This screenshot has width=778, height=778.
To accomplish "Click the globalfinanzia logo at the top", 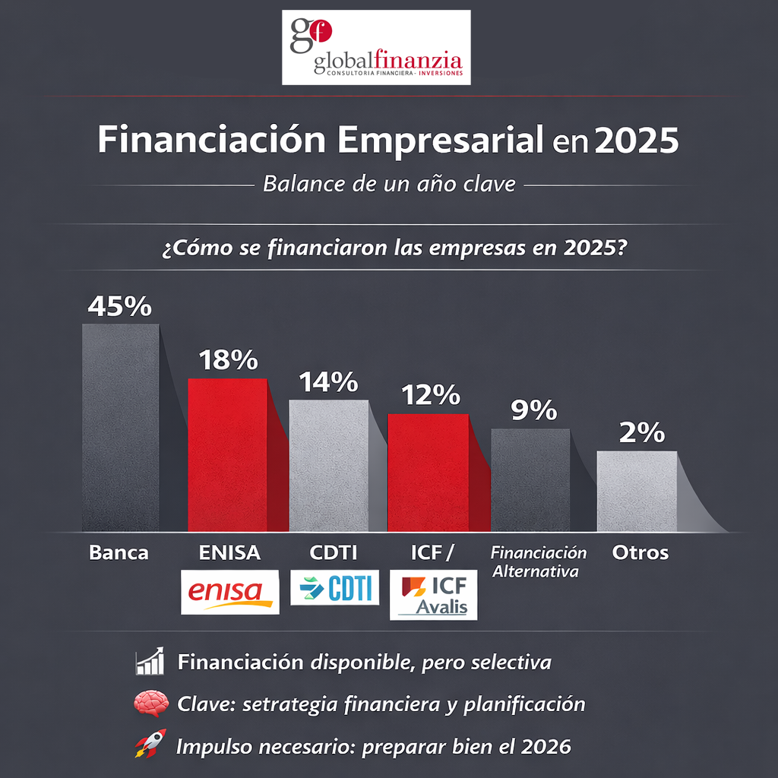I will click(376, 47).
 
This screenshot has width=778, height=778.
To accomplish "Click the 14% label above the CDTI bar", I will click(327, 382).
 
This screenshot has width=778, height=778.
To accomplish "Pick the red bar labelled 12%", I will click(428, 471).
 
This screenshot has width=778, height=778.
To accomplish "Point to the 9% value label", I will click(533, 410).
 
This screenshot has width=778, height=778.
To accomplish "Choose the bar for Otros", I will click(636, 491).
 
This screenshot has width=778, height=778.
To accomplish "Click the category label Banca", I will click(119, 553).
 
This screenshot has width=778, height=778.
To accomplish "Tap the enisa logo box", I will click(229, 591).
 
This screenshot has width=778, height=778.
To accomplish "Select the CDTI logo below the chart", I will click(334, 587).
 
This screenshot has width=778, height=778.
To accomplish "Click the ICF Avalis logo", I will click(433, 595).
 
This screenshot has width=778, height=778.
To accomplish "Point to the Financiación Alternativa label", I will click(539, 562).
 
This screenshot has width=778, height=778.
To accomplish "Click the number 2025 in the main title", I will click(636, 141).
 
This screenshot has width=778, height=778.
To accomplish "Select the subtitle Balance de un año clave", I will click(388, 184).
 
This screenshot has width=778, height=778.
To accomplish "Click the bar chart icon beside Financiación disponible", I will click(150, 662).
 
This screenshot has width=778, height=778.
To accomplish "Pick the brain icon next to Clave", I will click(150, 704).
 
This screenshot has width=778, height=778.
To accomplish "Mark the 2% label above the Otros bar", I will click(642, 433).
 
